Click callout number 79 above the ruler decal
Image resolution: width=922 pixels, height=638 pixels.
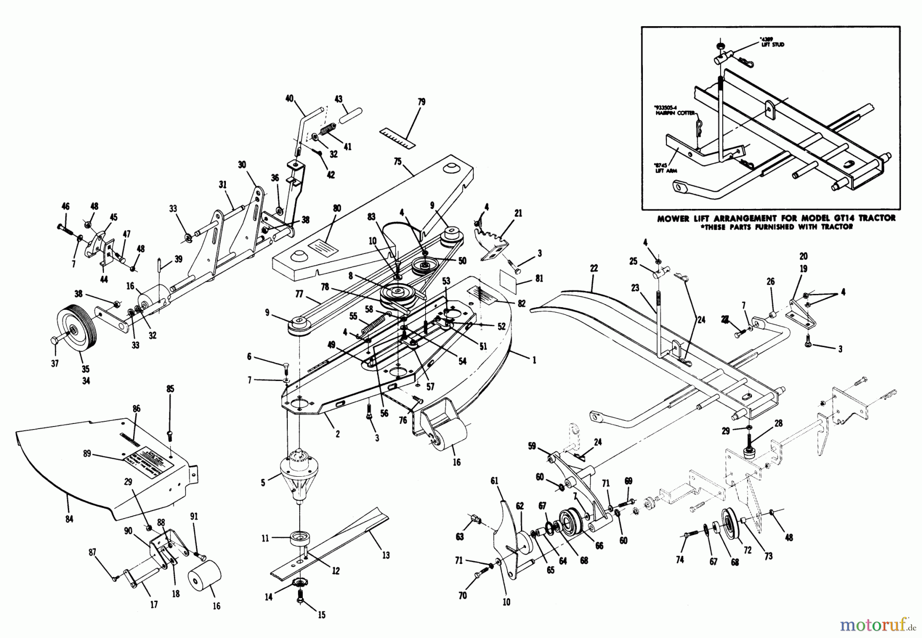[x=421, y=102]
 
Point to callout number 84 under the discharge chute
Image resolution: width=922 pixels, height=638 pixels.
[x=69, y=519]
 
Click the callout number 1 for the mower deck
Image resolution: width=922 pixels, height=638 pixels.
[x=534, y=360]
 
